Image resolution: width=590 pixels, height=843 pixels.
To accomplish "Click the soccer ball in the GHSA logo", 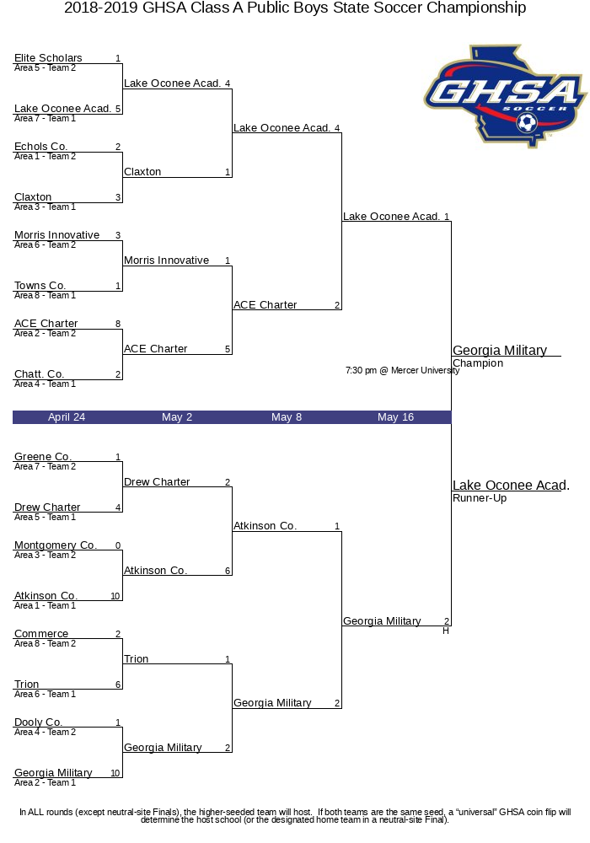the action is pos(527,123).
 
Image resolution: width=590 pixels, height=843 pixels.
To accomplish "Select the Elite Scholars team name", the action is pos(48,57).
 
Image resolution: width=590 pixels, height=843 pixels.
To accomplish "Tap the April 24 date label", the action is pos(67,417).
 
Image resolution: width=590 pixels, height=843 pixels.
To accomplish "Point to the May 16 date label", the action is pos(395,417).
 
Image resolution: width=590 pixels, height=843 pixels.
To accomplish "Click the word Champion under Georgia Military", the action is pos(478,363).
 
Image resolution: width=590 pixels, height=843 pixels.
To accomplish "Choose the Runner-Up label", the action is pos(480,498).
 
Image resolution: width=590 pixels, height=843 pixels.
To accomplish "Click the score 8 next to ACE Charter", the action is pos(118,324).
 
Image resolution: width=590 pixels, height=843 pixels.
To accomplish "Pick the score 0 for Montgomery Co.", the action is pos(118,545).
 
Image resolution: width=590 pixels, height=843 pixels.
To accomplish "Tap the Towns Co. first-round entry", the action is pos(40,286).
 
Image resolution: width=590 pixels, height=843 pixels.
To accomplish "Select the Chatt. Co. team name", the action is pos(40,373).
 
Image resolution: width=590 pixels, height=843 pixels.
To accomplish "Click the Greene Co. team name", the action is pos(42,456).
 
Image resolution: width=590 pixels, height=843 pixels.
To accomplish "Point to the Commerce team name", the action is pos(41,634).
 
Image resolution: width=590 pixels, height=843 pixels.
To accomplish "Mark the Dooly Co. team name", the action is pos(38,722).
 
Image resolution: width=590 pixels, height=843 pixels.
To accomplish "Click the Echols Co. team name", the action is pos(40,146).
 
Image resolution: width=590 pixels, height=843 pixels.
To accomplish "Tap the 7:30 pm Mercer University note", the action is pos(403,370).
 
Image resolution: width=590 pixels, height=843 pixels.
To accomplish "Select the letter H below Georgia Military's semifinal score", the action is pos(446,631).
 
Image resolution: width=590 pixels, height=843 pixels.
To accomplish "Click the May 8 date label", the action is pos(287,417).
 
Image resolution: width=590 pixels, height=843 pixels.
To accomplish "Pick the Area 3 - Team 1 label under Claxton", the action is pos(46,207).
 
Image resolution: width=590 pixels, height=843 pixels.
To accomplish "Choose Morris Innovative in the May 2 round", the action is pos(167,260).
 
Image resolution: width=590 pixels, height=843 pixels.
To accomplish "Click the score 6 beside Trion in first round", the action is pos(118,685).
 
